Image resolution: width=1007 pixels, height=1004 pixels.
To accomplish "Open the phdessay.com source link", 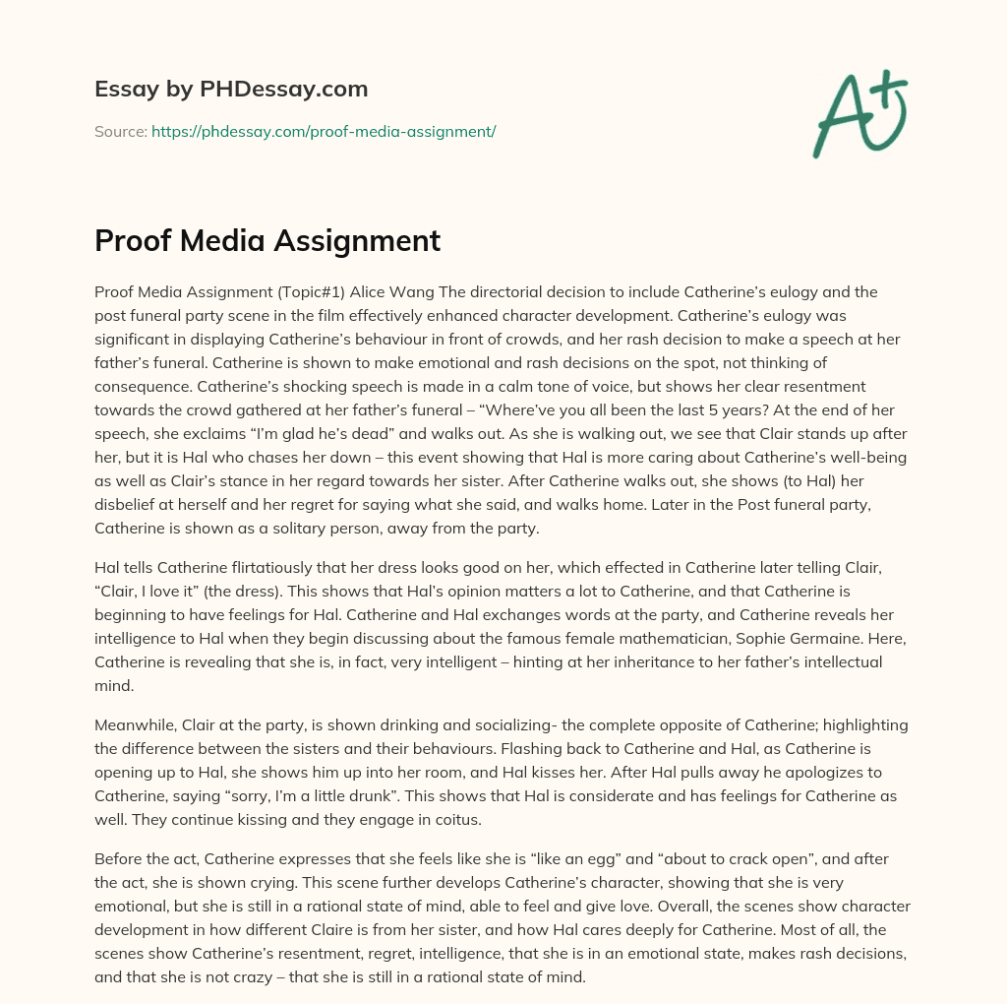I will [324, 131].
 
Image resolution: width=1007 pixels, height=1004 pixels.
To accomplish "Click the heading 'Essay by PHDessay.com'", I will [231, 90].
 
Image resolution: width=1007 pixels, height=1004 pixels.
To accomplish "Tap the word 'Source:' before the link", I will [120, 131].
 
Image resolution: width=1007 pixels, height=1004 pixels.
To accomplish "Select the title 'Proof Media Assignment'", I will [267, 241].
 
